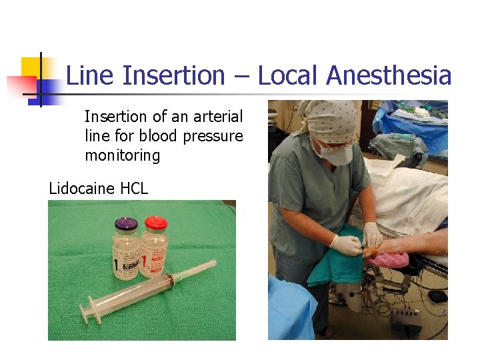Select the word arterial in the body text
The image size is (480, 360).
(x=217, y=117)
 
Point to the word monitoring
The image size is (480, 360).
(x=123, y=156)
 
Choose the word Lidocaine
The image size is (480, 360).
(x=81, y=189)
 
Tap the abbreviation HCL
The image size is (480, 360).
(x=134, y=189)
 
